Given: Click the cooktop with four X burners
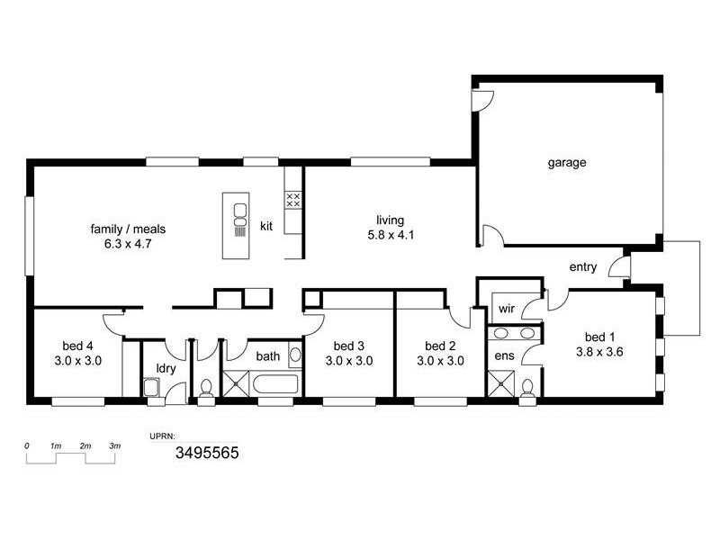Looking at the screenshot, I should point(292,199).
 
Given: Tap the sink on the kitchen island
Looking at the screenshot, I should point(240,213).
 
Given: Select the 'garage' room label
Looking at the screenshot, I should point(567,163).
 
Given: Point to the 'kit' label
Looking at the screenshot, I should point(266,226).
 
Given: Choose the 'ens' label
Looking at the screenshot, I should point(505,355).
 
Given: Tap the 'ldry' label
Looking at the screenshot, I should point(166,369).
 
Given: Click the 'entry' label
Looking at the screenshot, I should point(583,267).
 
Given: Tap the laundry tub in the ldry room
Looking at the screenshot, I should point(151,387).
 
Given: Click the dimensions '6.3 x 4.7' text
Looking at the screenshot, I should point(128,243).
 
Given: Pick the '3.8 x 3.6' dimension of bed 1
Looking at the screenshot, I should point(599,353).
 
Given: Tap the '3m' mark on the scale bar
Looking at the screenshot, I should point(115,446).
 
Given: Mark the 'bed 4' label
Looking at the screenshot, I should point(77,346).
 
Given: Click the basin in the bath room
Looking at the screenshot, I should point(295,355).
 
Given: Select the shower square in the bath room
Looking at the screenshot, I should point(236,384).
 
